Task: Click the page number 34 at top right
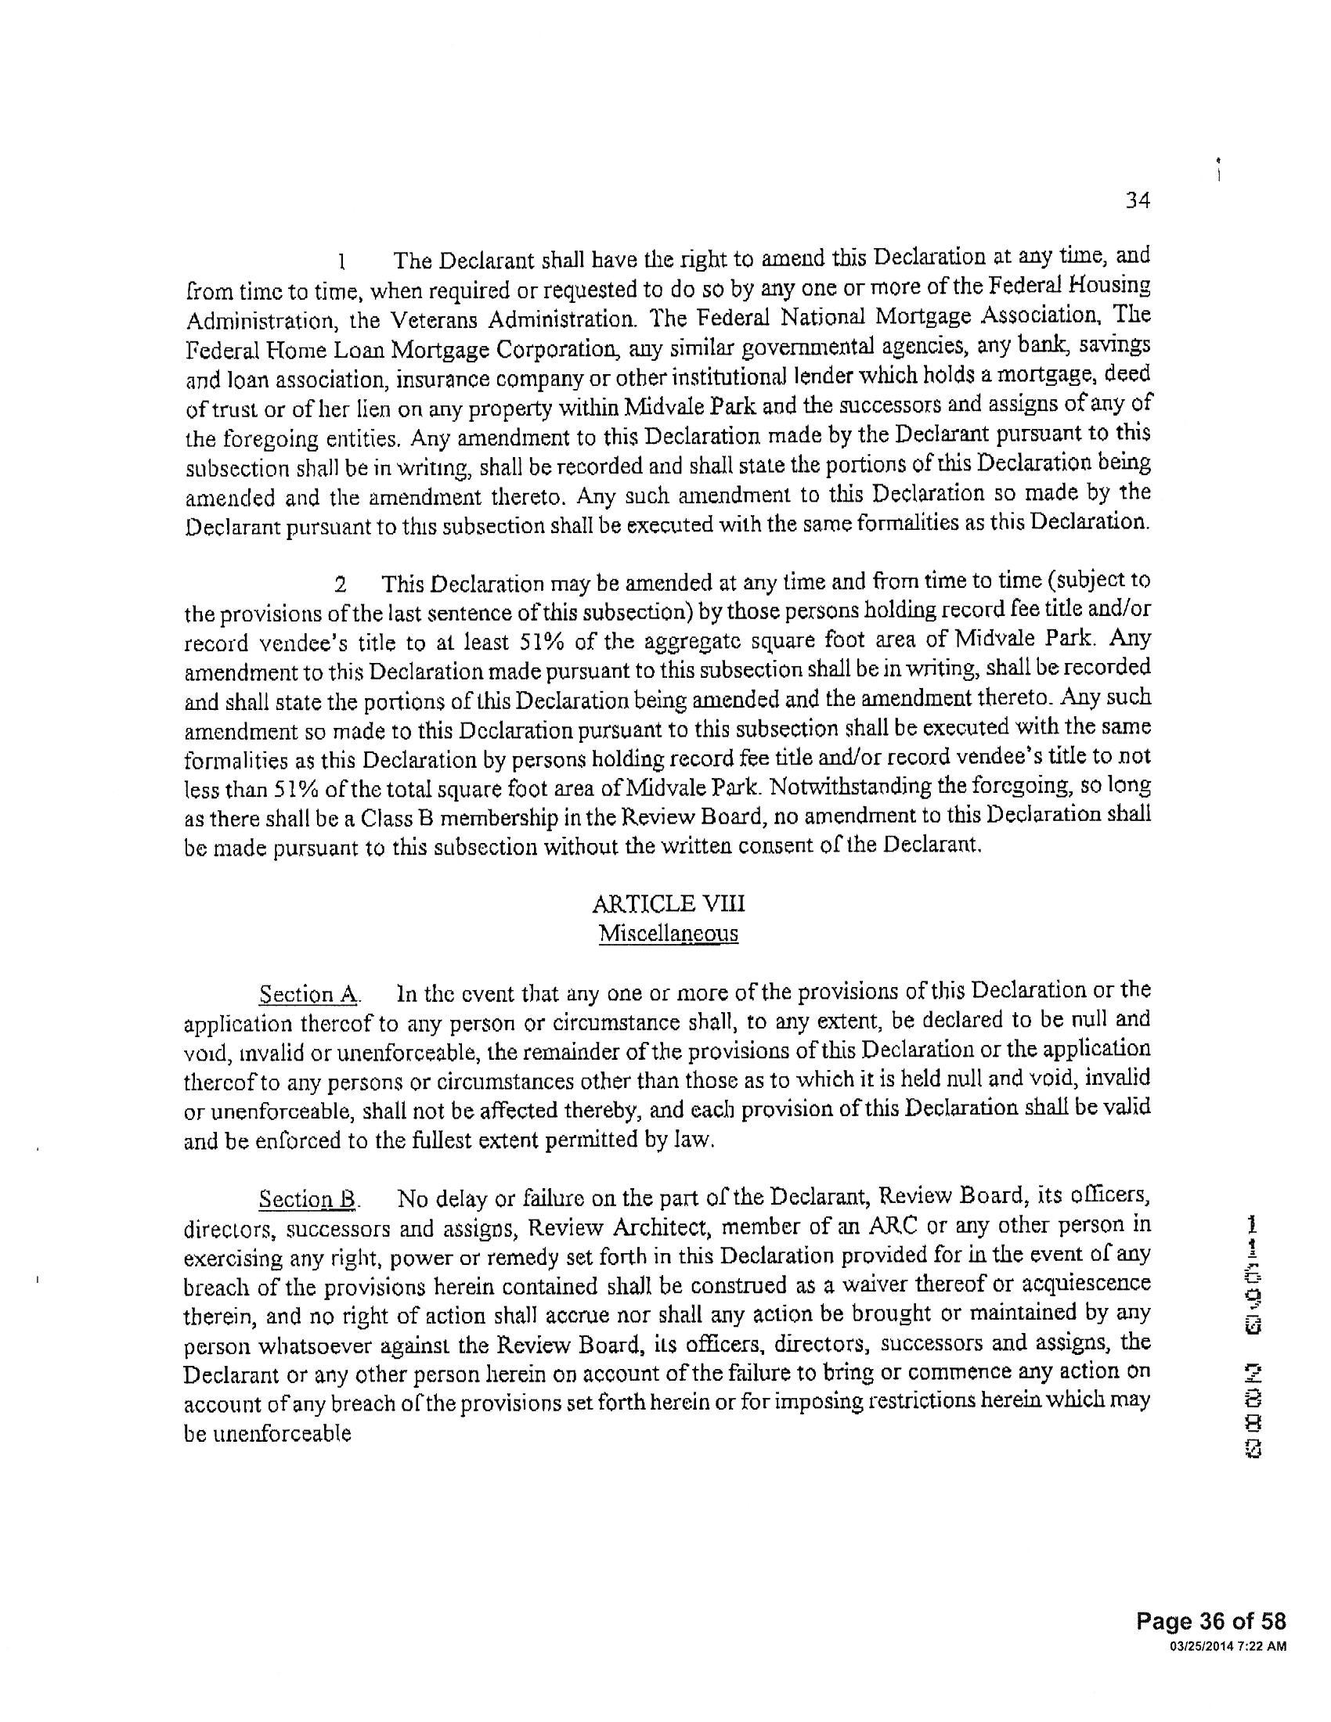1137,200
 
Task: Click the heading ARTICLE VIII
668,902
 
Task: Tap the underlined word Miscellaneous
668,934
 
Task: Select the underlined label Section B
309,1199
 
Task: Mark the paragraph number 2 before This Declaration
341,585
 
